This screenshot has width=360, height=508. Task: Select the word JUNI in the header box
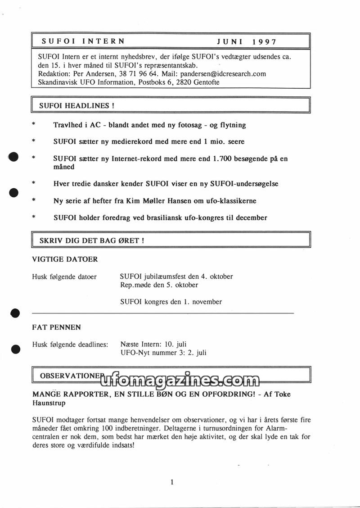230,41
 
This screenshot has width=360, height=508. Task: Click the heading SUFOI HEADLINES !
76,106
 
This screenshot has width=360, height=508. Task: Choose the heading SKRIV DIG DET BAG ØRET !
92,240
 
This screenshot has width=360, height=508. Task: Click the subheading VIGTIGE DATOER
65,259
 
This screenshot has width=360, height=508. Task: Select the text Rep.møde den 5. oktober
159,285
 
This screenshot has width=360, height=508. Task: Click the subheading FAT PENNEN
57,327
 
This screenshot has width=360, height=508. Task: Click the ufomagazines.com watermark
180,381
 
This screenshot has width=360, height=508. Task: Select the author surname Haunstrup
49,403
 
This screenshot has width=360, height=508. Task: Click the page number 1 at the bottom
172,482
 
